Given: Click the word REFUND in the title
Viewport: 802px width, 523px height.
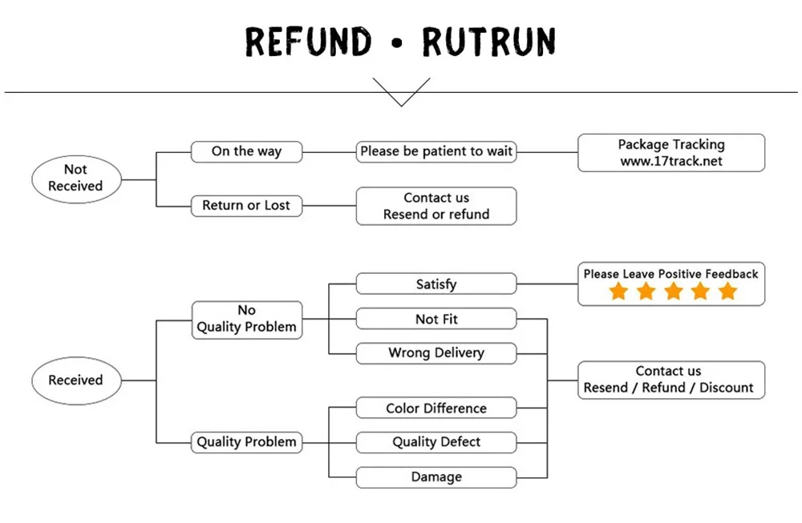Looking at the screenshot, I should point(309,41).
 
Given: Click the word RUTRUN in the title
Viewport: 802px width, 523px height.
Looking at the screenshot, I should point(490,41).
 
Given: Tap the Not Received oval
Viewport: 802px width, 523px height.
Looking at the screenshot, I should point(75,178).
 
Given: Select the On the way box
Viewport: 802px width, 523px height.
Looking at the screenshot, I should point(246,151).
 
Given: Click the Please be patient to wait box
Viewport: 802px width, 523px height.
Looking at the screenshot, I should point(436,151).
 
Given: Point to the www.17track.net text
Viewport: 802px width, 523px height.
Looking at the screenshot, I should point(671,161).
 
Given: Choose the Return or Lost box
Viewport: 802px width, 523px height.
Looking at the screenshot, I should point(246,206).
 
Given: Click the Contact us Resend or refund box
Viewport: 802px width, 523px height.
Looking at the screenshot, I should point(436,206).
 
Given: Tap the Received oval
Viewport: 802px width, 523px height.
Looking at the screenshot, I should point(75,380).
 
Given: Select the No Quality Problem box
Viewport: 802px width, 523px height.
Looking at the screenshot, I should point(246,319).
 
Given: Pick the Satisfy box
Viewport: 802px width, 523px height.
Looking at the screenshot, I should point(436,284).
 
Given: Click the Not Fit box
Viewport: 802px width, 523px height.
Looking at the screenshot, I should point(436,319).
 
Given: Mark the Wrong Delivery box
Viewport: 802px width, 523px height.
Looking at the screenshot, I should point(436,353).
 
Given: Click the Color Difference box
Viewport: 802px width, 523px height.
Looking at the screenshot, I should point(436,408).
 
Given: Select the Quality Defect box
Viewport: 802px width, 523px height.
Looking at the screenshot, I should point(436,442).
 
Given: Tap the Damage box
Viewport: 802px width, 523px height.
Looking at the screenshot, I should point(436,477).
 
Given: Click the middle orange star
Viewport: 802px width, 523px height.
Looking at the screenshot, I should point(673,291).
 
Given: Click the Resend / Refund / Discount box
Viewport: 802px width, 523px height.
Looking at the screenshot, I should point(671,380).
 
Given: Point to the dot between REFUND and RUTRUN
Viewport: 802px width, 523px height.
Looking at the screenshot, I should point(397,42).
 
